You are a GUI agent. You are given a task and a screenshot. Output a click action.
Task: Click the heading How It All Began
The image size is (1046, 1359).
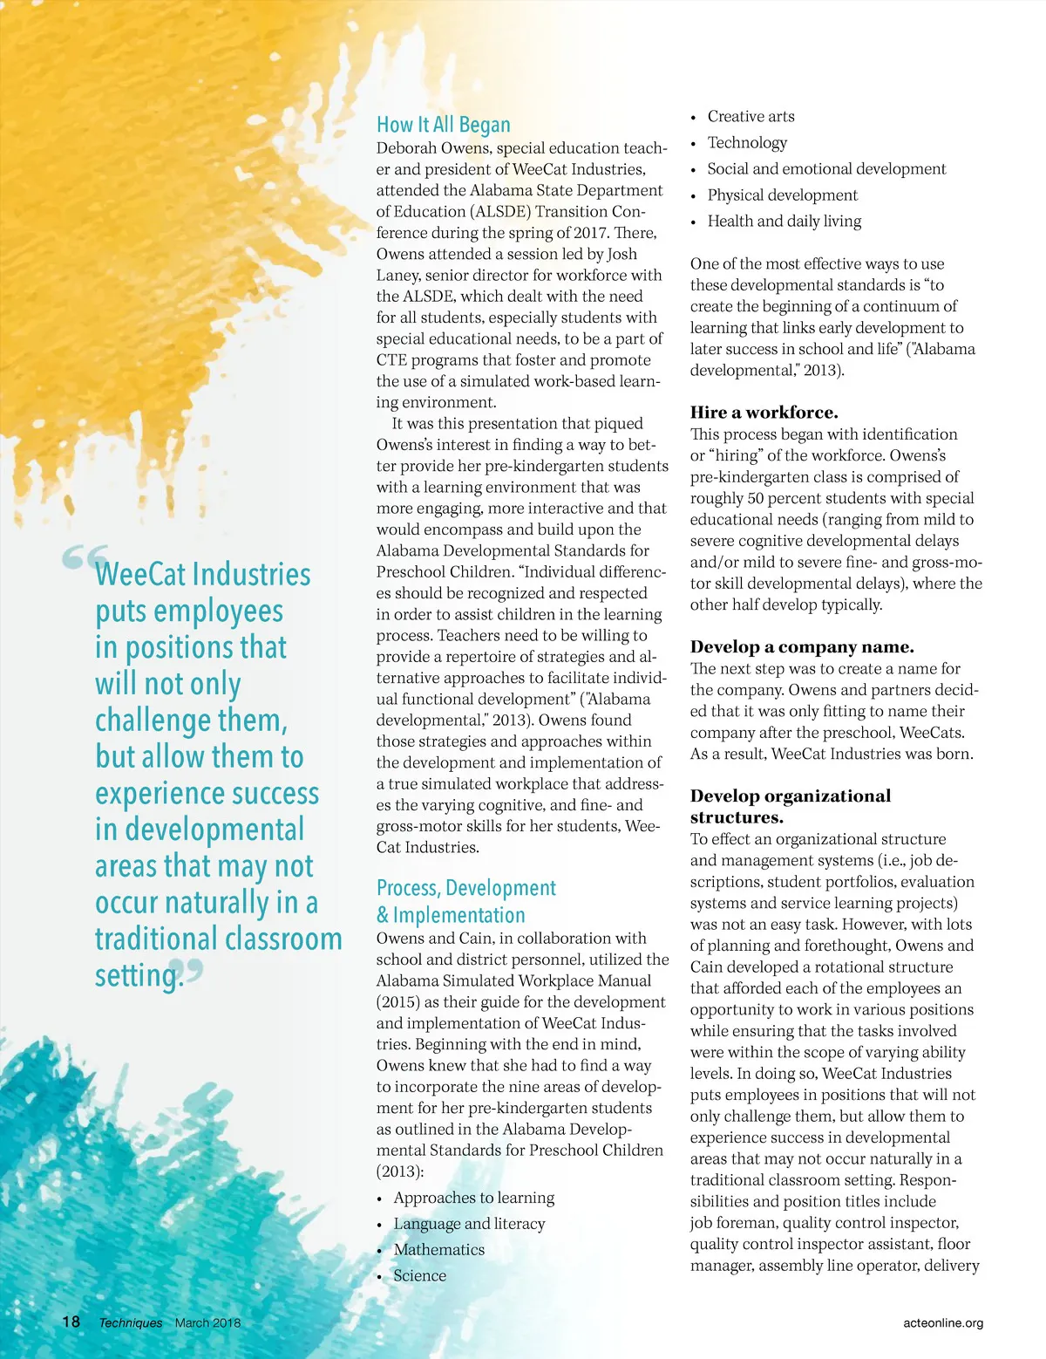pyautogui.click(x=443, y=125)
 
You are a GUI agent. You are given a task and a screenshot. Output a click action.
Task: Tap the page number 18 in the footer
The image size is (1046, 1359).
pyautogui.click(x=71, y=1321)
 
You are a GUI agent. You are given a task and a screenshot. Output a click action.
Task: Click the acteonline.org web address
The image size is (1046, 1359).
pyautogui.click(x=943, y=1322)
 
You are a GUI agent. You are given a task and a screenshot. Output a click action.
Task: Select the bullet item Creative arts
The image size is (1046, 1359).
pyautogui.click(x=751, y=116)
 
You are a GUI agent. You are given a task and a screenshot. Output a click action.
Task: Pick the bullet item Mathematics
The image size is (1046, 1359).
pyautogui.click(x=438, y=1249)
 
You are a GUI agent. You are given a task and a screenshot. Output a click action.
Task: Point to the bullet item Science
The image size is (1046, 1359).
pyautogui.click(x=419, y=1275)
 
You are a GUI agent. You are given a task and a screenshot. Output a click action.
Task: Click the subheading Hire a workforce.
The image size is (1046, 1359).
pyautogui.click(x=764, y=413)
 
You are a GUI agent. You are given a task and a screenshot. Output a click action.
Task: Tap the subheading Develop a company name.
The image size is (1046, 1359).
pyautogui.click(x=802, y=646)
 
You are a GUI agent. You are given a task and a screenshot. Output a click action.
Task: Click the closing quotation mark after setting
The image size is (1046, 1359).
pyautogui.click(x=194, y=970)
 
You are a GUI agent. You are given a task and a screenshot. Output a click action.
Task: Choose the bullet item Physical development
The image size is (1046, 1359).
pyautogui.click(x=782, y=195)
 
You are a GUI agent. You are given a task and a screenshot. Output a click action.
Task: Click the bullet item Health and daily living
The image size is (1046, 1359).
pyautogui.click(x=784, y=221)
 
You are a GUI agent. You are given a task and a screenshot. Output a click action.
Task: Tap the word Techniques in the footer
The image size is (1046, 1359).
pyautogui.click(x=131, y=1322)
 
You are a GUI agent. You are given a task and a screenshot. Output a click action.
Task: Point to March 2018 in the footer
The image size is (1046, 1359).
pyautogui.click(x=207, y=1322)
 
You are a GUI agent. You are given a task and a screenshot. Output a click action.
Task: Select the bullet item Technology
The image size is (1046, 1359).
pyautogui.click(x=747, y=142)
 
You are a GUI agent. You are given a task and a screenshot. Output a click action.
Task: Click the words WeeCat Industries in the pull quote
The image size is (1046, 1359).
pyautogui.click(x=202, y=574)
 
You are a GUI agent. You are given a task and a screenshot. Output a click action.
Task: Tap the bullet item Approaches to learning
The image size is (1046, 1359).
pyautogui.click(x=473, y=1198)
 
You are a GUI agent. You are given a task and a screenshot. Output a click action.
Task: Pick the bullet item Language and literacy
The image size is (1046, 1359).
pyautogui.click(x=469, y=1224)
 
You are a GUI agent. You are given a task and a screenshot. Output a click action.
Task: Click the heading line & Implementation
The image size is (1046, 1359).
pyautogui.click(x=451, y=915)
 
